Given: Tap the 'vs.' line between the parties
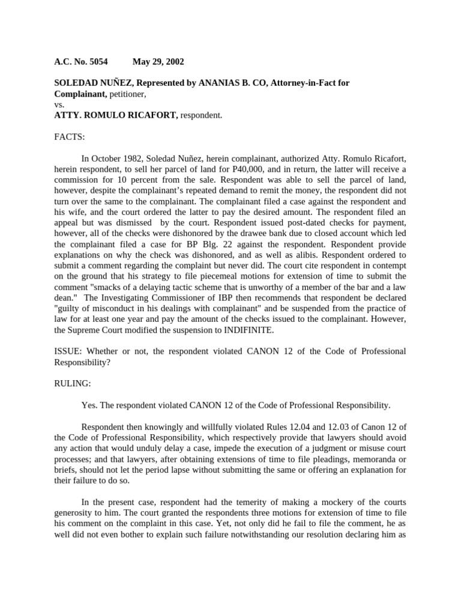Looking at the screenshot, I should click(59, 104).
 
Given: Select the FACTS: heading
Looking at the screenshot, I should click(70, 136).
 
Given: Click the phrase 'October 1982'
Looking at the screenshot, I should click(117, 159).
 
